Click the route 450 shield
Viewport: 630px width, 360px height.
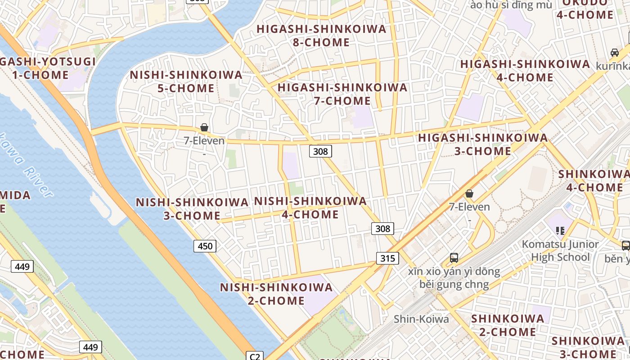[x=205, y=246]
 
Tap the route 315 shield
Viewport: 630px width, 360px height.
[x=387, y=258]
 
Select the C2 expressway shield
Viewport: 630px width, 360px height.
[x=255, y=356]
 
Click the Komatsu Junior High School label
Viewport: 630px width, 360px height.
[x=560, y=251]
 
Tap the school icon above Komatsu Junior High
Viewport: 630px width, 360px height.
[x=560, y=231]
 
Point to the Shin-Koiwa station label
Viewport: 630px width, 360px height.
[x=421, y=319]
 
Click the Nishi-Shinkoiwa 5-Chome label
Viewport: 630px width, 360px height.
[x=186, y=81]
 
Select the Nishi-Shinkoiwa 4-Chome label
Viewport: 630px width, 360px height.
[x=310, y=208]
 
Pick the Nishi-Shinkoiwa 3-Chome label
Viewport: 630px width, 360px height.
[x=192, y=209]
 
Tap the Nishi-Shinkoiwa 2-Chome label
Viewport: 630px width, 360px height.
[x=276, y=294]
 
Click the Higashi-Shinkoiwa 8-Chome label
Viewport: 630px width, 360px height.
[x=321, y=36]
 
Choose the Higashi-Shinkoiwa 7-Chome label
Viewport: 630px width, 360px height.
[x=342, y=94]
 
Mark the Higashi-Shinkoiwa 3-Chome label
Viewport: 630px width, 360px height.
[x=483, y=144]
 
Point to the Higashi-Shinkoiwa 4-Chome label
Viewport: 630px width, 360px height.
[x=525, y=71]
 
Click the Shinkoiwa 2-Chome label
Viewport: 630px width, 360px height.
[x=507, y=325]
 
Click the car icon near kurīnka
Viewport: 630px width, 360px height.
[x=615, y=53]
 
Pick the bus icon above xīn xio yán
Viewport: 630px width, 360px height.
[x=454, y=258]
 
